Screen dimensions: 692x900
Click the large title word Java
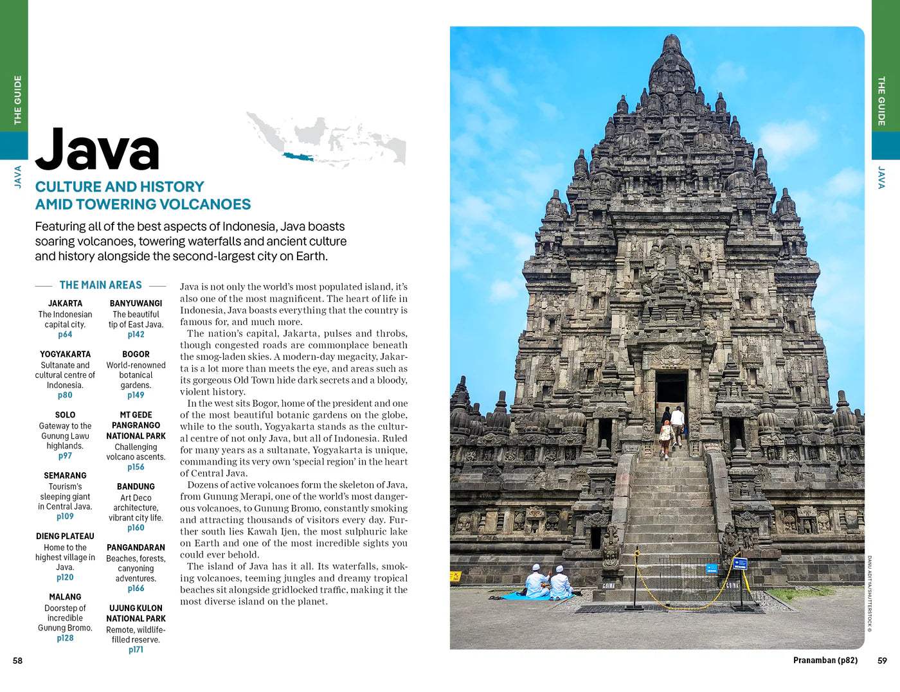tap(97, 150)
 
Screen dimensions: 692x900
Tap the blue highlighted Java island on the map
tap(298, 156)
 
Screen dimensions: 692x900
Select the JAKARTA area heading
tap(65, 303)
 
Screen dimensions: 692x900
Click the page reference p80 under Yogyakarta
tap(65, 395)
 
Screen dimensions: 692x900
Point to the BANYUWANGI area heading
tap(136, 303)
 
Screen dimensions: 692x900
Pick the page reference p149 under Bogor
tap(136, 395)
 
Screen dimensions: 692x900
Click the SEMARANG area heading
tap(65, 475)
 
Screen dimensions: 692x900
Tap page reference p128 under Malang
tap(65, 638)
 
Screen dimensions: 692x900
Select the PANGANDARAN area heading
tap(136, 547)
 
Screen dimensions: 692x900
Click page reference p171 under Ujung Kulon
tap(136, 650)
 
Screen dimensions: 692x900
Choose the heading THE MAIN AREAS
tap(100, 285)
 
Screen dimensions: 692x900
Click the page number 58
tap(17, 661)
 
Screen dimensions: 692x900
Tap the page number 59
tap(882, 661)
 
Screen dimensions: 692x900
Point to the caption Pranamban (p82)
tap(825, 661)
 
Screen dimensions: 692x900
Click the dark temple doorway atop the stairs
tap(671, 389)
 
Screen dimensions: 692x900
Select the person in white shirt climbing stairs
tap(677, 424)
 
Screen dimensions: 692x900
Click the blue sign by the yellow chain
tap(740, 563)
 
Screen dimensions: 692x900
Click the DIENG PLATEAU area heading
tap(65, 537)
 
